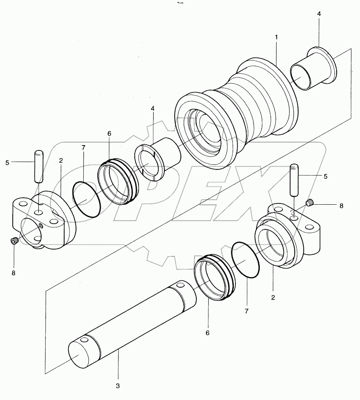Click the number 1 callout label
tap(277, 37)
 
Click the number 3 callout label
tap(118, 386)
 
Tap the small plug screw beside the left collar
tap(14, 241)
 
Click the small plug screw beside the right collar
tap(311, 202)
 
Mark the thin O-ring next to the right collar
tap(246, 259)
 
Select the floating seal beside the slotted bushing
tap(119, 181)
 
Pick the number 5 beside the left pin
tap(7, 162)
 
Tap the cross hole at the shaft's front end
tap(84, 341)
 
